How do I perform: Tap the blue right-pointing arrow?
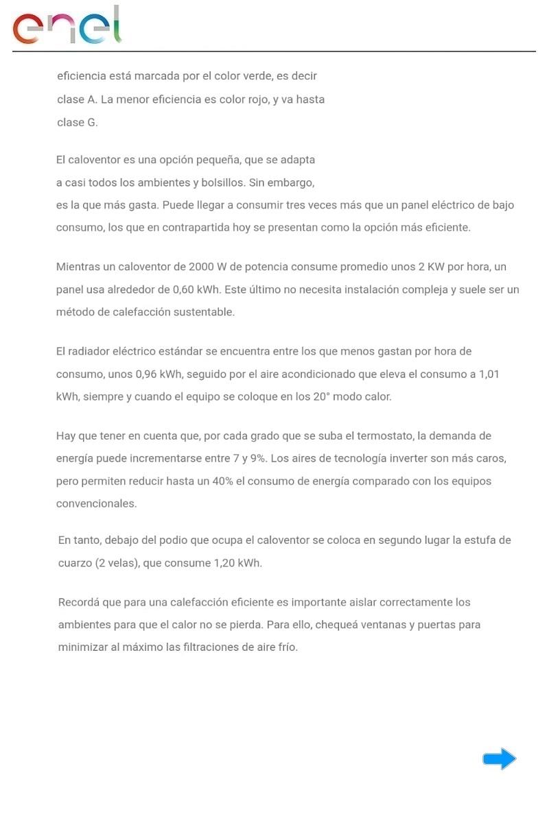point(499,759)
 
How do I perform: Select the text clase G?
point(78,123)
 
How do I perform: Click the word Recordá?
point(78,603)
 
